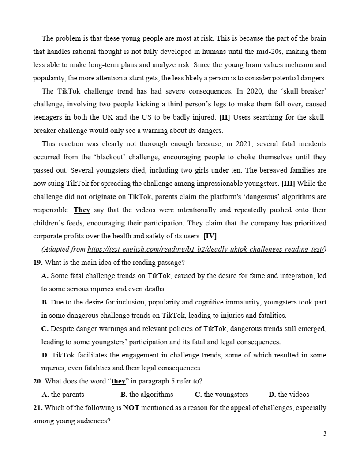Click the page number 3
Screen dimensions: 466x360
(x=325, y=433)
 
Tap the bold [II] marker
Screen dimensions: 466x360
(x=224, y=117)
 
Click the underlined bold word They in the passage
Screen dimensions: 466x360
(x=82, y=210)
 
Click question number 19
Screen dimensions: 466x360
(x=37, y=263)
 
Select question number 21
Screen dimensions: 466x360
(x=37, y=408)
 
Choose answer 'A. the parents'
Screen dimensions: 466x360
(x=63, y=395)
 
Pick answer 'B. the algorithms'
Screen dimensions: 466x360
(x=146, y=395)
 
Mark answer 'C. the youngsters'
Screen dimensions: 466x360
(x=221, y=395)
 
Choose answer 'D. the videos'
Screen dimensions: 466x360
(x=289, y=395)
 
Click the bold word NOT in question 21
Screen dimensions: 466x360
(x=131, y=408)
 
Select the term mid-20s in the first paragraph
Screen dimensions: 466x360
(x=276, y=52)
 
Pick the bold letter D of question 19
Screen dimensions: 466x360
(x=45, y=355)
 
